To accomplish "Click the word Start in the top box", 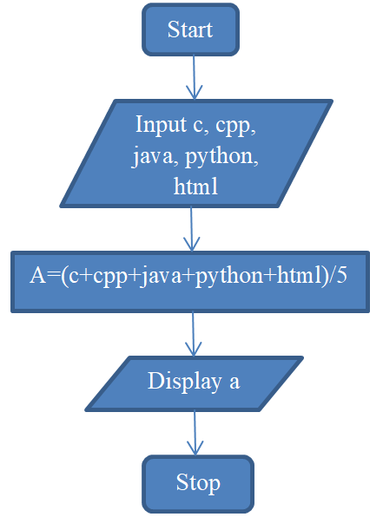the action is click(x=190, y=29).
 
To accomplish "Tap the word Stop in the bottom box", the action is click(x=198, y=482).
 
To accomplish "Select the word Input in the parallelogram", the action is click(x=161, y=125).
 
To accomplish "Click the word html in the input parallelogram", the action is click(x=195, y=186).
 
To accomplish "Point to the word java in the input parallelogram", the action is click(x=153, y=157).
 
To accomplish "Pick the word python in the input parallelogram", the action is click(x=221, y=157).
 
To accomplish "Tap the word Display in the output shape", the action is click(x=184, y=382).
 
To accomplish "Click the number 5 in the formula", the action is click(x=341, y=275).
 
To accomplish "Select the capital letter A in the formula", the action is click(x=37, y=275).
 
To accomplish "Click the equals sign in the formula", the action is click(x=53, y=276).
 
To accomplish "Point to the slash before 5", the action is click(x=331, y=275).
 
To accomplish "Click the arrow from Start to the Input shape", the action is click(x=195, y=77).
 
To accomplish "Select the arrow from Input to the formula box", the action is click(x=191, y=229).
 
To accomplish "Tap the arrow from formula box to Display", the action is click(x=193, y=334).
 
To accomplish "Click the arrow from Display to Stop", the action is click(x=195, y=433).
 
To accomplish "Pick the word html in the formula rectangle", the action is click(x=299, y=275).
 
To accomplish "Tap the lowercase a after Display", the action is click(x=234, y=383).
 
